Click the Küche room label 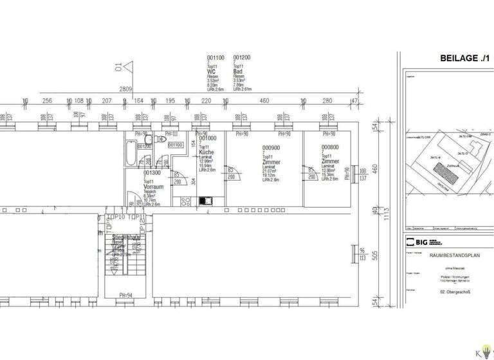click(207, 152)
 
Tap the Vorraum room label click(154, 186)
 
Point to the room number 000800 click(331, 148)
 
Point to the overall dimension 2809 click(125, 89)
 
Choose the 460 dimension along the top click(264, 101)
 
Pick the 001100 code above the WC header click(215, 57)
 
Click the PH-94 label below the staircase click(126, 296)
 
